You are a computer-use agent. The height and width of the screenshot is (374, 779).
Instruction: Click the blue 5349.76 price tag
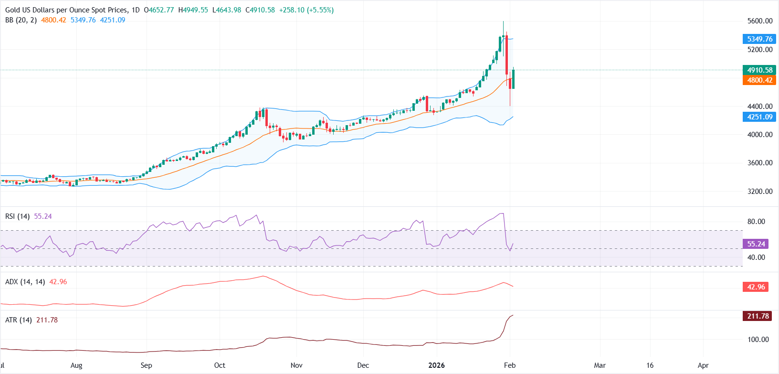[759, 39]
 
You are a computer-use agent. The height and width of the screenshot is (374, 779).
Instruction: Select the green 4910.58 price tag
[759, 70]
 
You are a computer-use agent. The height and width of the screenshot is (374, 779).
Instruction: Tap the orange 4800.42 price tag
[759, 80]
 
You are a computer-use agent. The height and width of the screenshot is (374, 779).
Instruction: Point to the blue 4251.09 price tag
[759, 117]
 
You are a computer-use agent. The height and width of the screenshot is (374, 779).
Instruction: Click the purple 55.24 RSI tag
[756, 244]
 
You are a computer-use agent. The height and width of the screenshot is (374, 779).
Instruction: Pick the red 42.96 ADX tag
[756, 287]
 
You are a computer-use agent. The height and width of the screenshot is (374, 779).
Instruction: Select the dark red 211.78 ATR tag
[758, 316]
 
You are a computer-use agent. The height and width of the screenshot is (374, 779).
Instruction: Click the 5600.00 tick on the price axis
[760, 21]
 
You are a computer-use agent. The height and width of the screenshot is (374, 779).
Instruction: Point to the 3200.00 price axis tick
[760, 192]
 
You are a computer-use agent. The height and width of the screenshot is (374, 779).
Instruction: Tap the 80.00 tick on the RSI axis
[756, 222]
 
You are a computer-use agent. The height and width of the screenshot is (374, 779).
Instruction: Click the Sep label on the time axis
[146, 365]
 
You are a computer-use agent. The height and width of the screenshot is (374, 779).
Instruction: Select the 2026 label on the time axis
[436, 365]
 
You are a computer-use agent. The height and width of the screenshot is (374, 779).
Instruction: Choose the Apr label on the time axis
[703, 365]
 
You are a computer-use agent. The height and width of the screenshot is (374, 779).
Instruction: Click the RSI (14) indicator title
[17, 216]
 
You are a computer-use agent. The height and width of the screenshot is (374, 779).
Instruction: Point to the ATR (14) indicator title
[18, 320]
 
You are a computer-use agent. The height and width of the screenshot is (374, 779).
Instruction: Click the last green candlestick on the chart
[513, 79]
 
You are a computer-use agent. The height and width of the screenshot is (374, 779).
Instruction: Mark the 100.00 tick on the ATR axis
[758, 340]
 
